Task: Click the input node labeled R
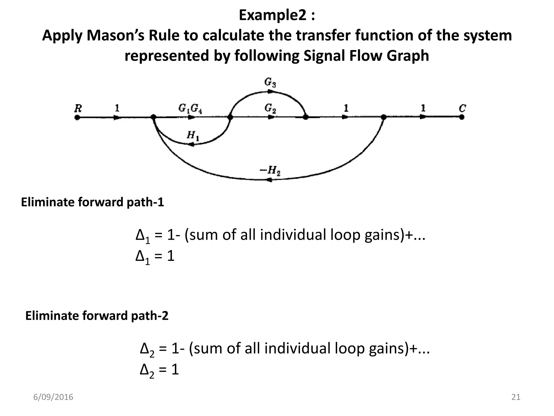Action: pos(77,117)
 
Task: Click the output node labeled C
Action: pos(462,117)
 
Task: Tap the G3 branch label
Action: pos(270,83)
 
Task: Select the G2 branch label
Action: pos(270,108)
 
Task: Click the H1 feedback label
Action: pos(193,135)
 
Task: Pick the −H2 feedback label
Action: pos(270,171)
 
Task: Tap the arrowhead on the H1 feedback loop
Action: pos(191,144)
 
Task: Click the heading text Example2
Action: pos(277,15)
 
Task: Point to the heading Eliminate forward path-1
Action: pos(93,202)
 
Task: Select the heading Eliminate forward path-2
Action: pos(97,316)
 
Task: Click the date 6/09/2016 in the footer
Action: pos(53,397)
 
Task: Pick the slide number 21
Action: pos(516,397)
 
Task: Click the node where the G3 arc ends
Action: pos(305,117)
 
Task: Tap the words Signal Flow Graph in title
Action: pos(366,56)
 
